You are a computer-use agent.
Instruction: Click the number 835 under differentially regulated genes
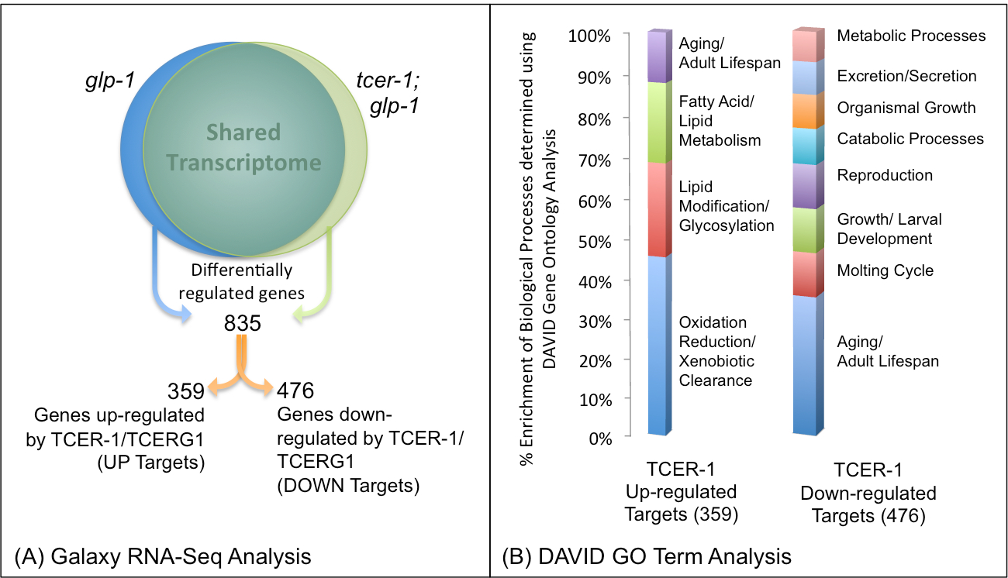click(243, 321)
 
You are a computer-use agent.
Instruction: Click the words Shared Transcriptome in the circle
click(243, 147)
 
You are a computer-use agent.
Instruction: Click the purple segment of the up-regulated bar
click(658, 57)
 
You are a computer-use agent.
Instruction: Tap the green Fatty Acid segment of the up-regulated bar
click(658, 122)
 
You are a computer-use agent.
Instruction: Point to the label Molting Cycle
click(885, 270)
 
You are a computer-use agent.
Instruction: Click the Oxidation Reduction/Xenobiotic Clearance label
click(716, 351)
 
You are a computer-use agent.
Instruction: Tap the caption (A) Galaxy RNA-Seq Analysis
click(163, 556)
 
